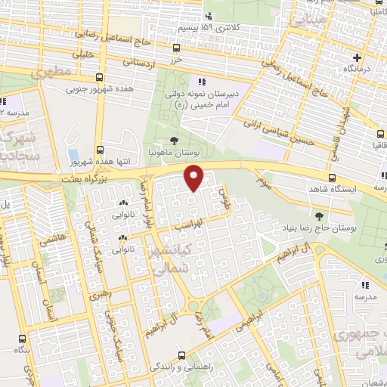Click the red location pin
click(194, 177)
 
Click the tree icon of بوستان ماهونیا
click(175, 140)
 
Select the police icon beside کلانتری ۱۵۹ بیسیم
click(208, 15)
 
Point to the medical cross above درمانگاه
click(357, 57)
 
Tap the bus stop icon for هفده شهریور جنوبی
click(100, 77)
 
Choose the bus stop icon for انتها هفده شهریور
click(100, 150)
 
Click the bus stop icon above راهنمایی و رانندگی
click(181, 354)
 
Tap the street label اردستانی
click(138, 63)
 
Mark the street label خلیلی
click(81, 54)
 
